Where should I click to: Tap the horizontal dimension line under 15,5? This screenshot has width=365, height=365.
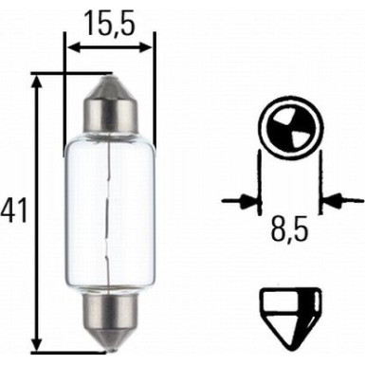coord(109,45)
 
